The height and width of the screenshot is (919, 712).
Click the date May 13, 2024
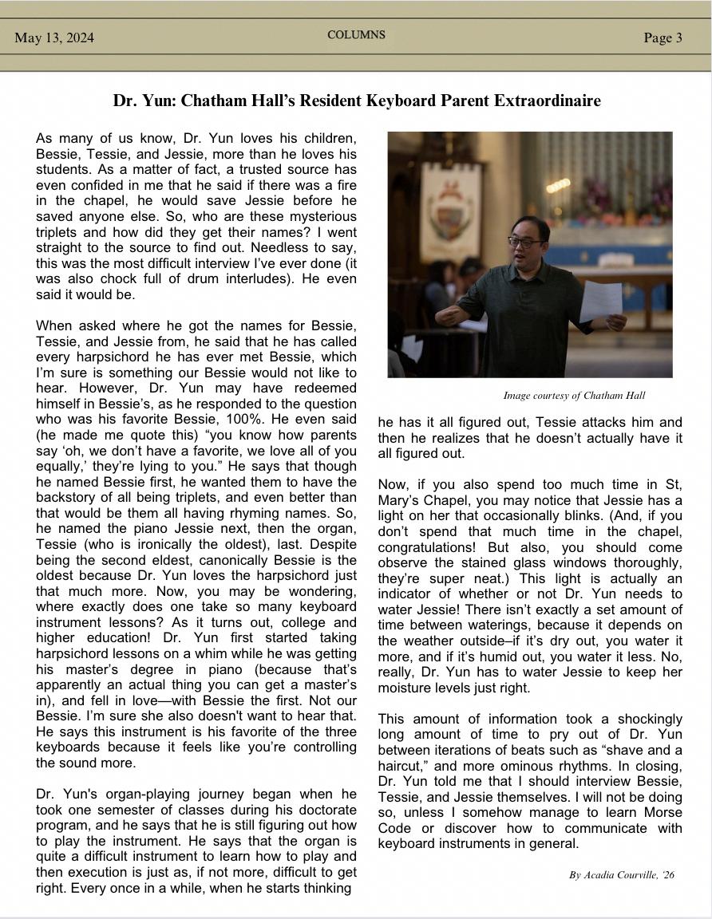coord(53,37)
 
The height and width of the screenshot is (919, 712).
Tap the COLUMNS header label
coord(356,35)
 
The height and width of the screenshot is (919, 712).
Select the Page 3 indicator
coord(663,37)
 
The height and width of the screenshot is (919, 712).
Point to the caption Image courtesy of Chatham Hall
coord(574,396)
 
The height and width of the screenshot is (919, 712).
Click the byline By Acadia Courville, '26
coord(621,875)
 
